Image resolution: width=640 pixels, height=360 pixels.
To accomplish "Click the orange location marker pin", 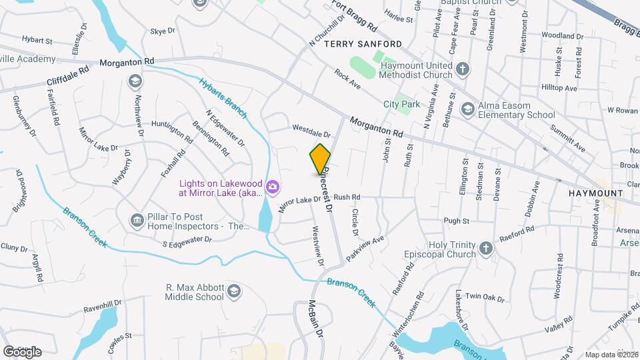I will [321, 159].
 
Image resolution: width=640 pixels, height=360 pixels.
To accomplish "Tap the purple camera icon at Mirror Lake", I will [272, 186].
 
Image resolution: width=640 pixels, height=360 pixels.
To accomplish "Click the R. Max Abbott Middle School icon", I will [234, 291].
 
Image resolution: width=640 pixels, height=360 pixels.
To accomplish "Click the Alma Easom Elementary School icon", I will [468, 109].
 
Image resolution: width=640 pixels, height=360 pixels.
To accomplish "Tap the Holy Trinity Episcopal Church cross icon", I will [486, 249].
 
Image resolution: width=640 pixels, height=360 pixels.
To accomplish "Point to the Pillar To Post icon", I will [137, 219].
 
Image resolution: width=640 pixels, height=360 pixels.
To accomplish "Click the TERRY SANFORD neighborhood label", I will [363, 44].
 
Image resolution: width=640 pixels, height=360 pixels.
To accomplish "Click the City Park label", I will [401, 104].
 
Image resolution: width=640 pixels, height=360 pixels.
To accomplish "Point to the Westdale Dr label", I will [311, 131].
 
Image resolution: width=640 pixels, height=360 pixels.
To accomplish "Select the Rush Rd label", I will [347, 197].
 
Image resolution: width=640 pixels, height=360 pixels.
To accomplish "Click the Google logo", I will [22, 351].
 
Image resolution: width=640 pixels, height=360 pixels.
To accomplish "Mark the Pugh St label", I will [457, 221].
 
